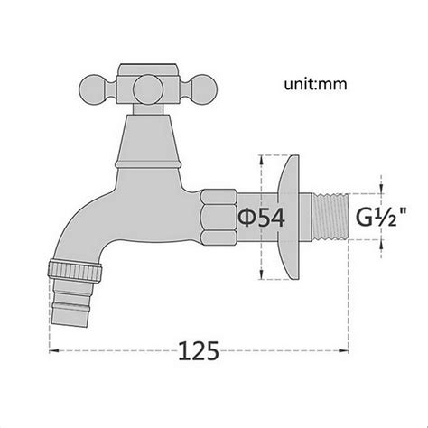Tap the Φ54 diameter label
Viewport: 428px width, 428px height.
[261, 217]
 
